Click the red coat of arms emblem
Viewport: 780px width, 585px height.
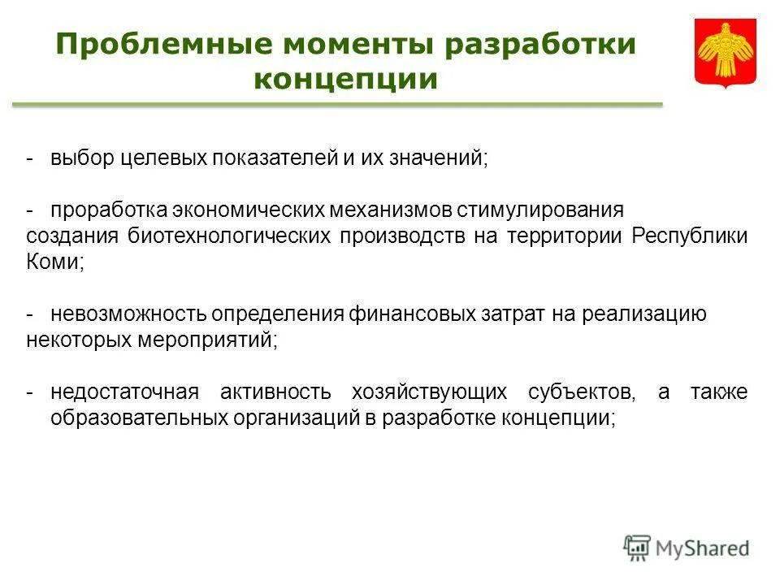[x=725, y=53]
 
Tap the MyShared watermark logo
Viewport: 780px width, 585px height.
[x=687, y=548]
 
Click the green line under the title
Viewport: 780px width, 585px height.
[x=336, y=105]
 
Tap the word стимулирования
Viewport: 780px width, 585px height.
[x=539, y=210]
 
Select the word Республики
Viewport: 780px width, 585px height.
[x=689, y=236]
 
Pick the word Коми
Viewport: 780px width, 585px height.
[x=54, y=262]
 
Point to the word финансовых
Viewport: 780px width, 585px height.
[x=413, y=314]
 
